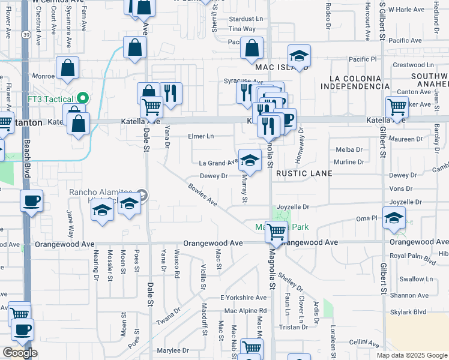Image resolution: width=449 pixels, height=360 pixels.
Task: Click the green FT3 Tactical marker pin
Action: [83, 98]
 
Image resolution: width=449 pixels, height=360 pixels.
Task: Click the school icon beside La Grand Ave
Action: [250, 160]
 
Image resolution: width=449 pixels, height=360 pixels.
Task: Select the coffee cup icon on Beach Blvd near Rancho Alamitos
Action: [31, 201]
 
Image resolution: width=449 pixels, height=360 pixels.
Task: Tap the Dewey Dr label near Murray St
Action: [213, 176]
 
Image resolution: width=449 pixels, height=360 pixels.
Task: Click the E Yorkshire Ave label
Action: [243, 298]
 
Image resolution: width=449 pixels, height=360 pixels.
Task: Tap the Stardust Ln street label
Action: [243, 19]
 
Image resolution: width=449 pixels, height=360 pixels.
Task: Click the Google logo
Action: [20, 353]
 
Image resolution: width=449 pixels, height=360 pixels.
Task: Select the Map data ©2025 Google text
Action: [411, 355]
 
